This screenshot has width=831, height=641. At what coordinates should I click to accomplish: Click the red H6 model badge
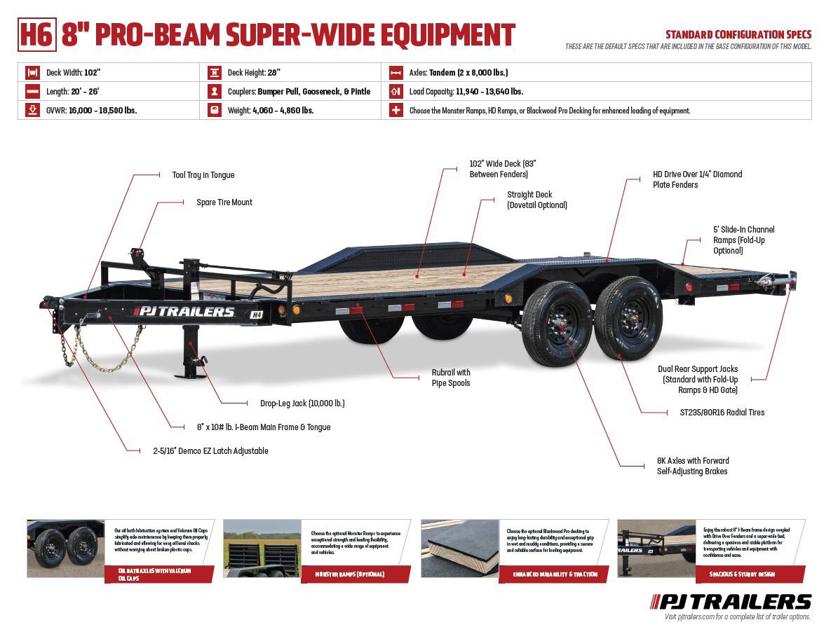tap(36, 35)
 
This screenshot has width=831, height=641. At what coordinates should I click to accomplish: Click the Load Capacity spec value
tap(489, 91)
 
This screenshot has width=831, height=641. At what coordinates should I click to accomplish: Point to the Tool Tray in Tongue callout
tap(203, 175)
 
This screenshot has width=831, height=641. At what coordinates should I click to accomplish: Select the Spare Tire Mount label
tap(224, 202)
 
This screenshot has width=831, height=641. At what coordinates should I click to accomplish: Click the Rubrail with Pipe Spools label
tap(451, 378)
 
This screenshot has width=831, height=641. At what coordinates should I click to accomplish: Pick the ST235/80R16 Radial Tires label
tap(722, 413)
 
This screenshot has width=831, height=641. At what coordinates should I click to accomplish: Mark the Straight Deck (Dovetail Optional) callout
tap(536, 200)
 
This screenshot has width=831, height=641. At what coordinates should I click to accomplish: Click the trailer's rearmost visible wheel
tap(628, 319)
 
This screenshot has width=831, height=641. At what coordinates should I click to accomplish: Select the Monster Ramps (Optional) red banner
tap(351, 574)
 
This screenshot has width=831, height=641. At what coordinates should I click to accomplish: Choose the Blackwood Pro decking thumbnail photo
tap(459, 548)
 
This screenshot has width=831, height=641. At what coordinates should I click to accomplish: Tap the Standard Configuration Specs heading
tap(738, 34)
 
